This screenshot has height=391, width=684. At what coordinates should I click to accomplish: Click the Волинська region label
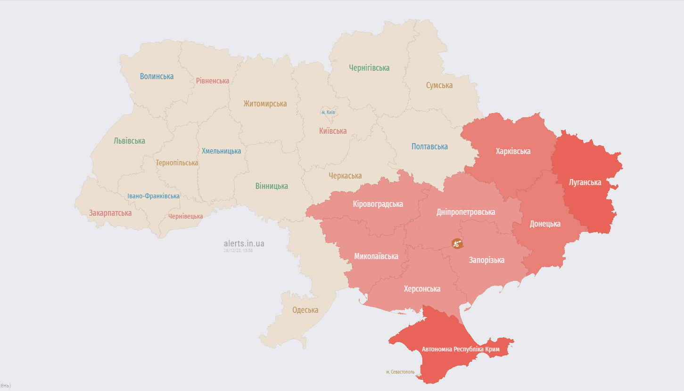[157, 76]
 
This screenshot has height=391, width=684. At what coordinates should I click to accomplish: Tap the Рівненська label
[213, 81]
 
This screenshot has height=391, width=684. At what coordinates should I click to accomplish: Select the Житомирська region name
[265, 104]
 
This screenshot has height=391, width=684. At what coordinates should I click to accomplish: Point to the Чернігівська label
[369, 68]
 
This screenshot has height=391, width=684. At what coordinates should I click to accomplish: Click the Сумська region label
[439, 85]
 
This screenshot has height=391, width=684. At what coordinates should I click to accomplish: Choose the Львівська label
[129, 141]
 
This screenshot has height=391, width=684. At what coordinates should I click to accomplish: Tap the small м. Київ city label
[328, 112]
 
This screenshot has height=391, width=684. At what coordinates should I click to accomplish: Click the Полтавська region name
[429, 147]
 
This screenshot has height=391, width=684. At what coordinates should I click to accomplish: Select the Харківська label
[513, 151]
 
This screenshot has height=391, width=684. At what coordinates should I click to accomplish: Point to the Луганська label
[585, 182]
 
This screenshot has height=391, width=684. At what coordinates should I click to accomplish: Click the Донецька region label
[545, 224]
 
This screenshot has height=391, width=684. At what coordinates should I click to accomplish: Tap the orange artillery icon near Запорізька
[457, 244]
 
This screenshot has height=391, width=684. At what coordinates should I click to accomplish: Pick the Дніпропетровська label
[466, 212]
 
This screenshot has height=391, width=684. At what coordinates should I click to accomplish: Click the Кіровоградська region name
[378, 204]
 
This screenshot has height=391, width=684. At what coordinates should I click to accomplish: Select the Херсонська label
[422, 289]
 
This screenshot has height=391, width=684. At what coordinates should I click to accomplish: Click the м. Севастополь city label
[400, 372]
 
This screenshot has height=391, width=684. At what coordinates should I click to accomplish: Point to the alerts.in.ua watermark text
[244, 244]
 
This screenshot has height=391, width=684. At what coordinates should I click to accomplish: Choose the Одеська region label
[305, 310]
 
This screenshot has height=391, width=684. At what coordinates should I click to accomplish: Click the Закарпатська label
[110, 213]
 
